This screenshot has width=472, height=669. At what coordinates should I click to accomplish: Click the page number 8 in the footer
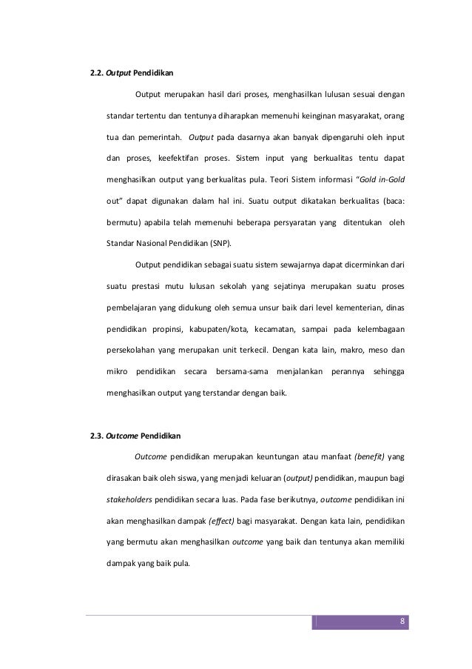pyautogui.click(x=401, y=621)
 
